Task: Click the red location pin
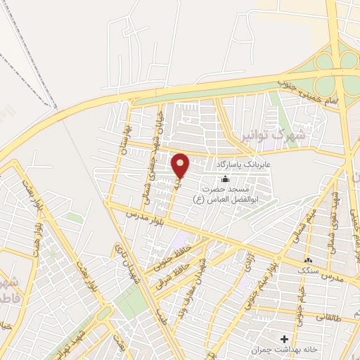pos(181,165)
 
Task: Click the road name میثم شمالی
pos(312,221)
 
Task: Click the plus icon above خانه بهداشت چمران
pos(284,338)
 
